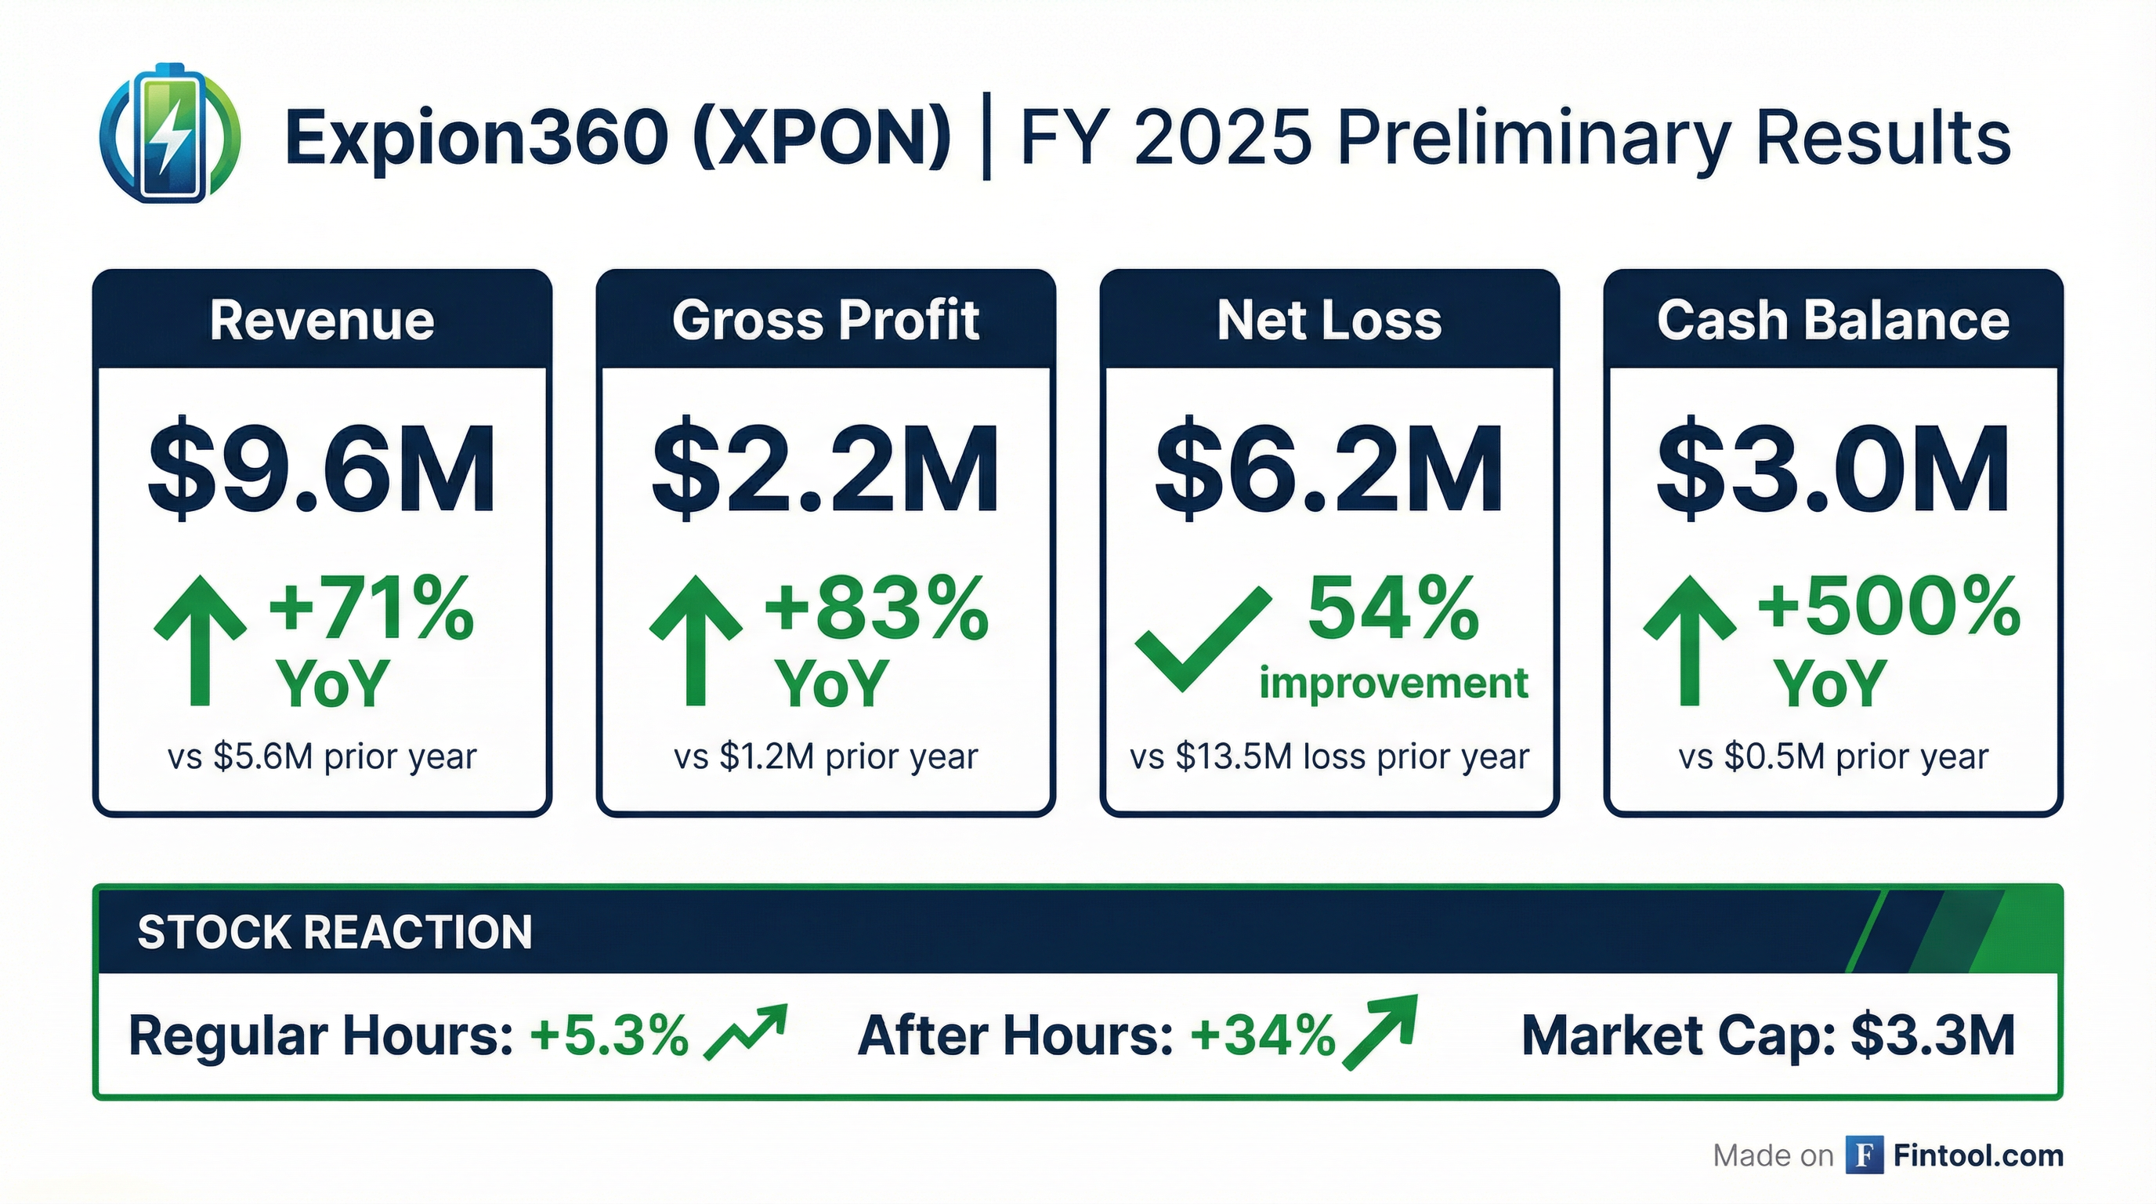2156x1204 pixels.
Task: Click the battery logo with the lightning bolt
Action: coord(170,134)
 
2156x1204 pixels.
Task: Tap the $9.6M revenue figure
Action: coord(322,470)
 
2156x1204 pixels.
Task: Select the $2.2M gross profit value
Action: coord(825,470)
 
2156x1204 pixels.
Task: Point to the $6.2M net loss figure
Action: coord(1329,470)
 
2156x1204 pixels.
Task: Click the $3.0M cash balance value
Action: coord(1833,470)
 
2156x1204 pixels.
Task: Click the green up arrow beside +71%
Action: coord(200,640)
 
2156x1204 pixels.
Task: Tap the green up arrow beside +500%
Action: coord(1689,640)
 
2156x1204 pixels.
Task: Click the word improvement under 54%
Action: coord(1394,684)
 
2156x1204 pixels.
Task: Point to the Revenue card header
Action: coord(322,320)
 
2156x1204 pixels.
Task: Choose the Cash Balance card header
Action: coord(1833,320)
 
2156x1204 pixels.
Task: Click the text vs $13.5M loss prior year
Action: coord(1329,757)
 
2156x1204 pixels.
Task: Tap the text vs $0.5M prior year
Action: coord(1833,757)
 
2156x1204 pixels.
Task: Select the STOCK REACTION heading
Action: coord(335,932)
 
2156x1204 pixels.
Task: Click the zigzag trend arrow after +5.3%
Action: coord(746,1032)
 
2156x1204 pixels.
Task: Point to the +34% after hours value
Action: coord(1263,1035)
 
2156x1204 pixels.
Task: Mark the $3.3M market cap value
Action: coord(1933,1035)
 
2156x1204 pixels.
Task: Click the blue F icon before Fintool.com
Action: coord(1864,1155)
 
